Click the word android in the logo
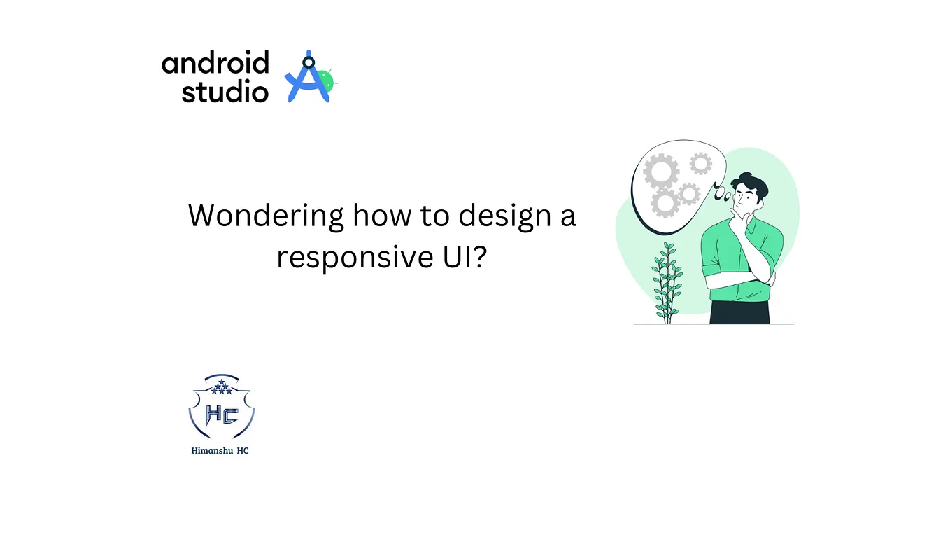coord(215,64)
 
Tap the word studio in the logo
coord(225,92)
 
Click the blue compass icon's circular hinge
coord(308,63)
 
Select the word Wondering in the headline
coord(265,216)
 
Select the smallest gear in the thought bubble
coord(700,164)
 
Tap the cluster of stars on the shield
coord(221,387)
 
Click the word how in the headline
coord(383,216)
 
